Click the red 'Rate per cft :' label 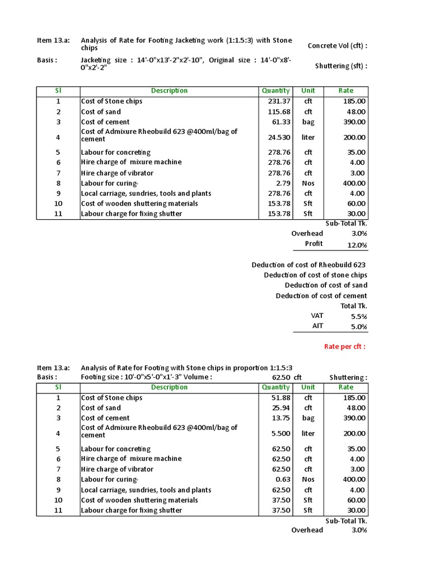[x=345, y=346]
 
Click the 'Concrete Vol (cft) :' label [x=338, y=46]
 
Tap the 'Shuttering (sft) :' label [x=341, y=67]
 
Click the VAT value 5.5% [x=358, y=317]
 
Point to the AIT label [x=317, y=326]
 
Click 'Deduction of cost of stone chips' [x=316, y=275]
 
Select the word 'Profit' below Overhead [x=314, y=244]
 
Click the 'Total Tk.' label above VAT [x=354, y=306]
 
